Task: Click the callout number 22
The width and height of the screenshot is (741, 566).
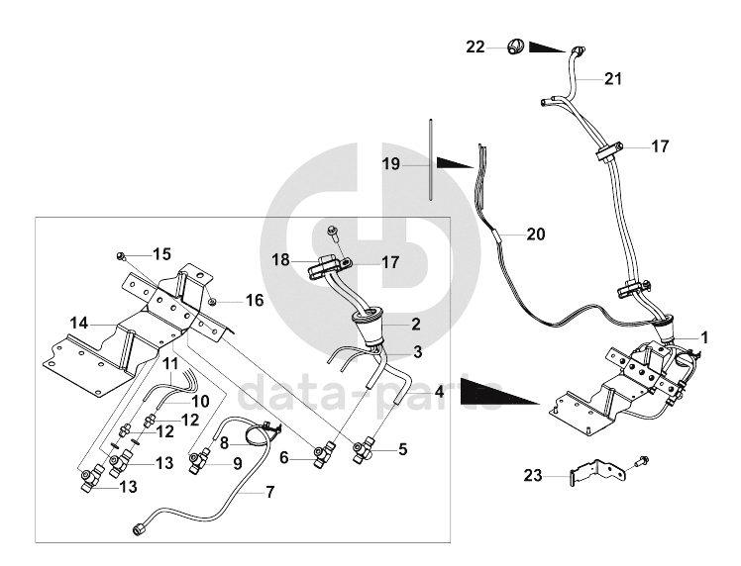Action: coord(476,47)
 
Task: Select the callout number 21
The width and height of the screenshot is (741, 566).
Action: coord(613,78)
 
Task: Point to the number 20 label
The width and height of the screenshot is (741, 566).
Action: coord(536,235)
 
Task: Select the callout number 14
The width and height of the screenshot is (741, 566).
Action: coord(79,322)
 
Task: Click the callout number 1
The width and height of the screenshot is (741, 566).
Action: coord(704,337)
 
